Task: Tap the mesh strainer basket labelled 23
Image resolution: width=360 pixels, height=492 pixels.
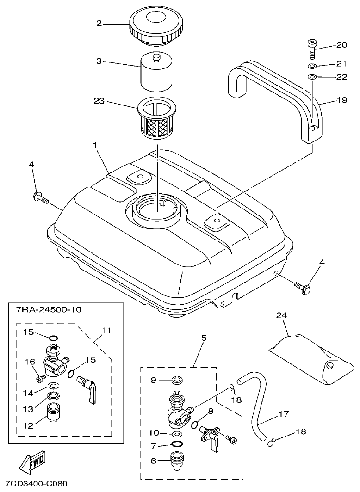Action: tap(157, 120)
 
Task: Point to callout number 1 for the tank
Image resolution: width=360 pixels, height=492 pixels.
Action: tap(95, 145)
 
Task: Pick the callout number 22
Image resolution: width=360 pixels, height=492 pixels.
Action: tap(341, 77)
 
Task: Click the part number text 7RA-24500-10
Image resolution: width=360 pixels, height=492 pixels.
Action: tap(47, 309)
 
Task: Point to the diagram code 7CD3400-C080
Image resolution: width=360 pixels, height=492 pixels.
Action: tap(37, 484)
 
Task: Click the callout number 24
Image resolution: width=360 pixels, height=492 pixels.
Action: tap(282, 315)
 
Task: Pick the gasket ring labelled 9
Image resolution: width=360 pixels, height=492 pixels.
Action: tap(176, 380)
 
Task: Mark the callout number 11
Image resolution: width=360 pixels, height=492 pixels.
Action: tap(106, 331)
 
